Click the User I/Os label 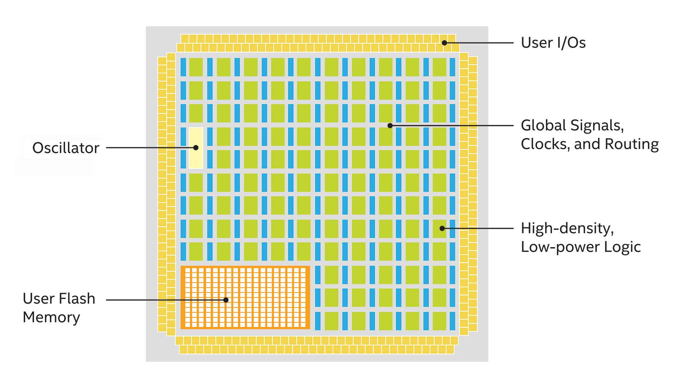553,43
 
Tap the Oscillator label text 66,148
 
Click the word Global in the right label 543,125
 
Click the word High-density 567,228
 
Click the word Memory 51,317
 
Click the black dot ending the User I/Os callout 445,43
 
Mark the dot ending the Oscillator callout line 196,148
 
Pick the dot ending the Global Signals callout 390,125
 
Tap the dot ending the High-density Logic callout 442,228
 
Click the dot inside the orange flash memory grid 226,300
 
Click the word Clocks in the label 544,144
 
